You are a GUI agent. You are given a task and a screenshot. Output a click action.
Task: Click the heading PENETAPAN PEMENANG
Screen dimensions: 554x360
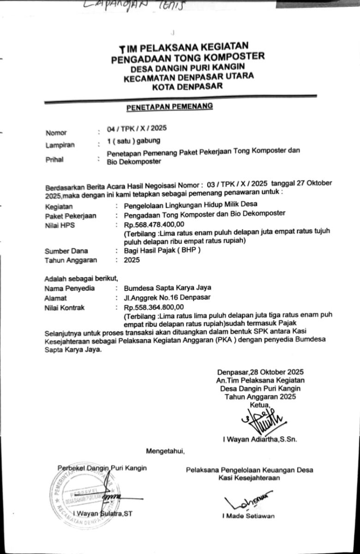tap(170, 107)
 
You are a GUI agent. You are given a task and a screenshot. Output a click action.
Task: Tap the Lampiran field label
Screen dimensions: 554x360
tap(60, 145)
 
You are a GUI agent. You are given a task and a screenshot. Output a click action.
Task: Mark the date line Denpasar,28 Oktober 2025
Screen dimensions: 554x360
tap(260, 371)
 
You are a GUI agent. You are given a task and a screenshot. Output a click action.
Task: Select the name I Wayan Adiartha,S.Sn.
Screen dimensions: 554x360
tap(259, 440)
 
